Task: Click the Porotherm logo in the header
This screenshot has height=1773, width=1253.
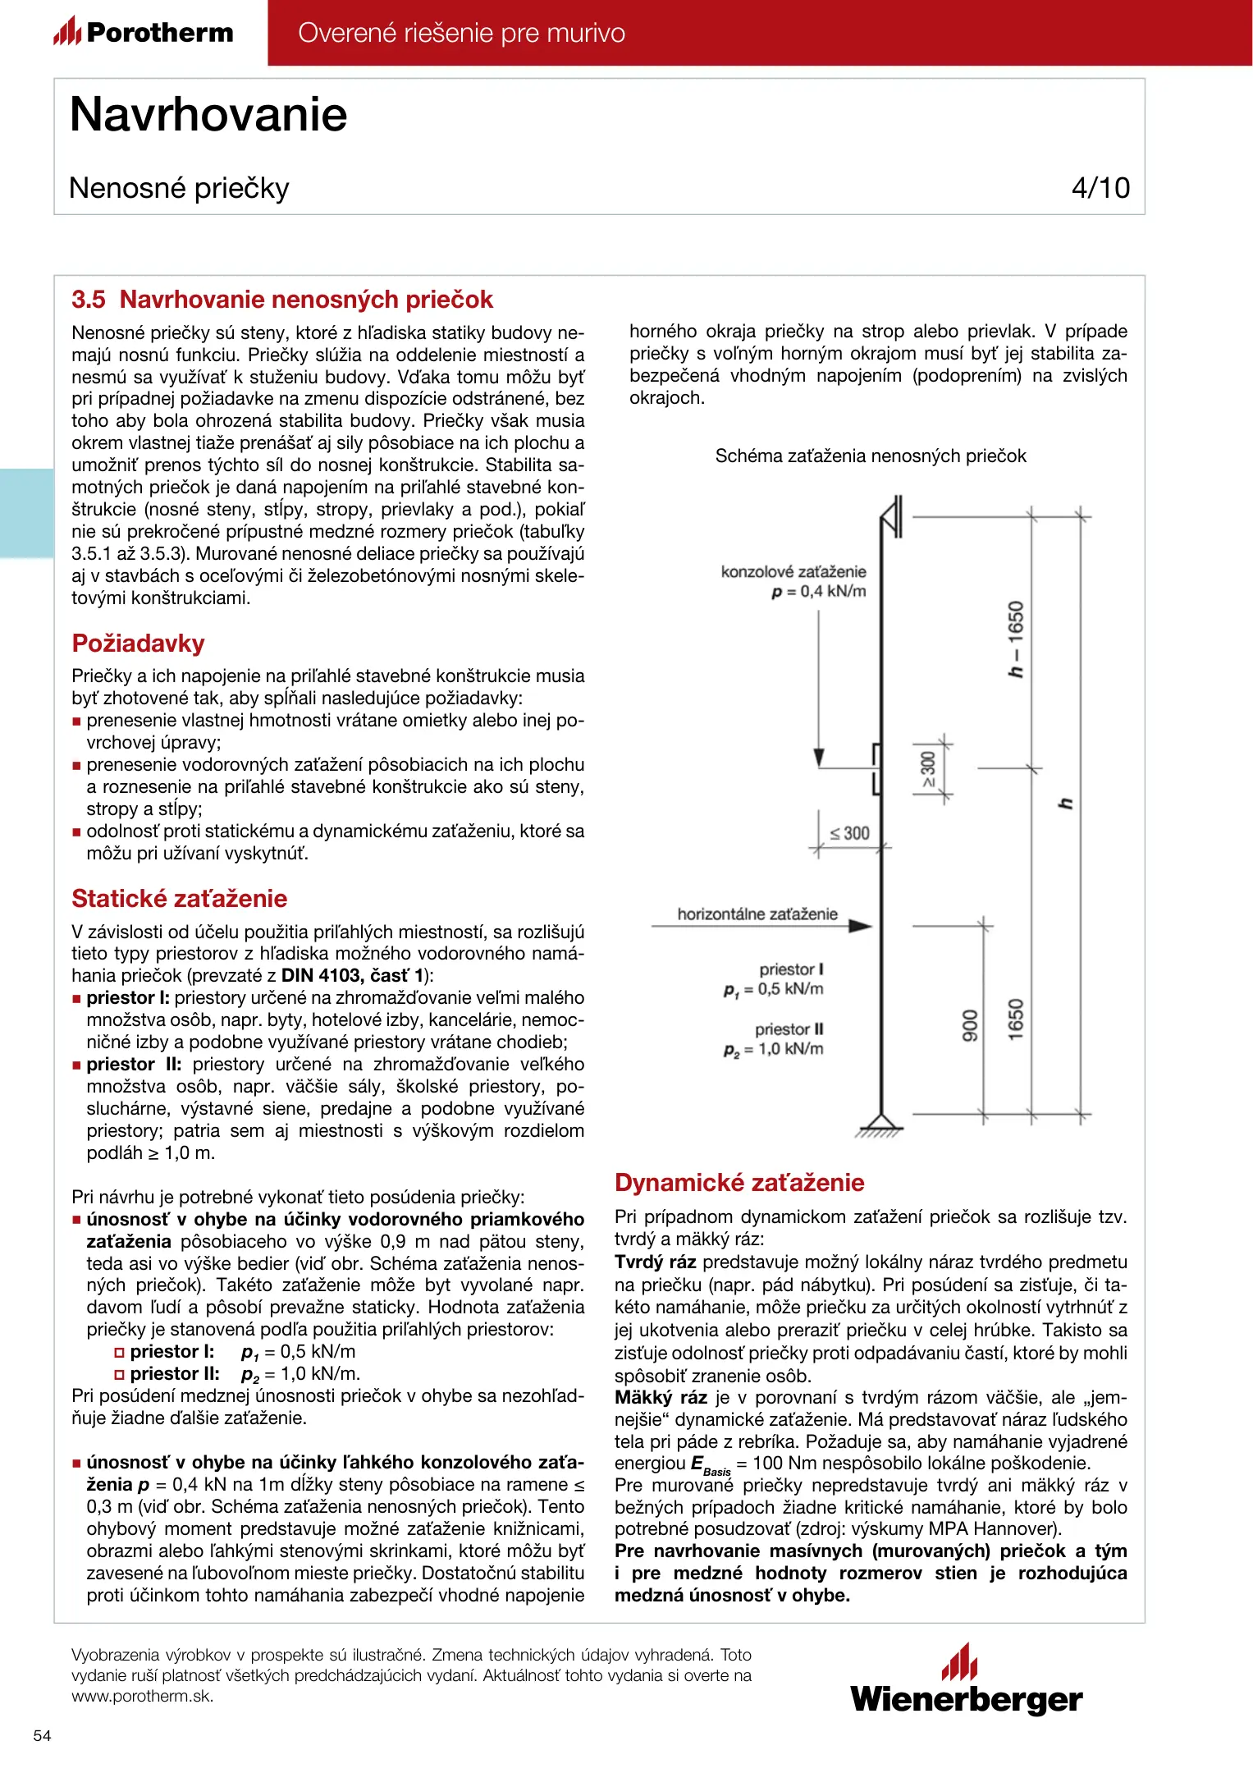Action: point(144,32)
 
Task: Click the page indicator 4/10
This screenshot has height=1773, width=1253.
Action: point(1100,188)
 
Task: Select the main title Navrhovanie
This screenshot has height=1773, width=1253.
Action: point(208,114)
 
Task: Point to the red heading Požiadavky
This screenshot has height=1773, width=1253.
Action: point(138,643)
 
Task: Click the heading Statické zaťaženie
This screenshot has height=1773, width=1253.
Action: point(179,898)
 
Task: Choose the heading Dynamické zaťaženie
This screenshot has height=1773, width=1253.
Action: point(739,1182)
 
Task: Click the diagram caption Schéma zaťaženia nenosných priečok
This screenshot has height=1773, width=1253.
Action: point(870,456)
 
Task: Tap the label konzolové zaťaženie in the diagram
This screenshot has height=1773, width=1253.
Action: point(793,571)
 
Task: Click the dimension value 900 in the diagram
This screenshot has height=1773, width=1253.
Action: point(970,1025)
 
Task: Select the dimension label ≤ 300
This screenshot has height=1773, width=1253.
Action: point(849,833)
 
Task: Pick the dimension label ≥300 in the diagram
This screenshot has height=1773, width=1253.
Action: point(928,769)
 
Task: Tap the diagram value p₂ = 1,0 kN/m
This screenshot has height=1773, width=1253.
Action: point(773,1049)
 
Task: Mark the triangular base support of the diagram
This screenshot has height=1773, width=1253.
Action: point(880,1122)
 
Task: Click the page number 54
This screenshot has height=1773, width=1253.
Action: point(42,1735)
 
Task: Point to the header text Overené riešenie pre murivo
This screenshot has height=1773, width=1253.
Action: point(461,33)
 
